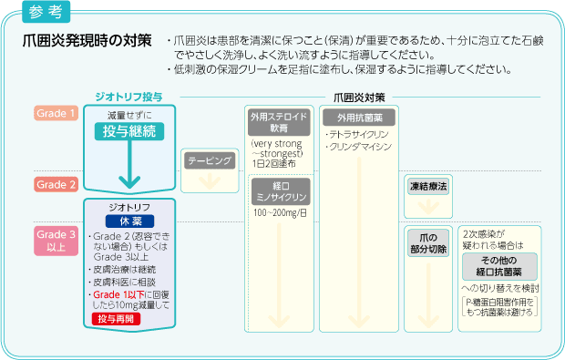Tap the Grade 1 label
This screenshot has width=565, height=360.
(x=56, y=113)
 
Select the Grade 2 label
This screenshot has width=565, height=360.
(x=56, y=184)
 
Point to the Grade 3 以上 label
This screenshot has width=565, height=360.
(x=56, y=241)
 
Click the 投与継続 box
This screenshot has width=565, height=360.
(x=128, y=131)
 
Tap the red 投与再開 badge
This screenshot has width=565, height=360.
(x=128, y=317)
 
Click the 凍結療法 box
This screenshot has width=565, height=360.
(x=427, y=186)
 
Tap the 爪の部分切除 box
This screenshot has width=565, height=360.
(x=427, y=243)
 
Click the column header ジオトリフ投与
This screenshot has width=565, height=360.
(x=128, y=96)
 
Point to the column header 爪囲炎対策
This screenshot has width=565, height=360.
(x=359, y=96)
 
